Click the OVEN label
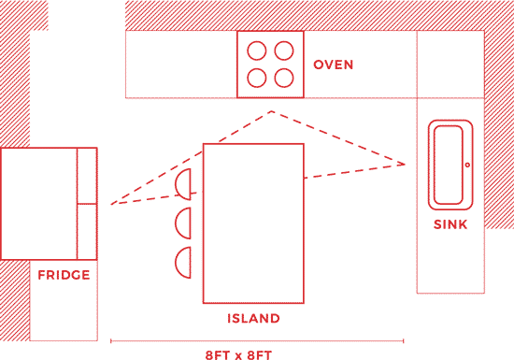333,65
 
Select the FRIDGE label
64,275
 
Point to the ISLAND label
253,319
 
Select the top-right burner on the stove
282,50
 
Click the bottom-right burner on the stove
282,77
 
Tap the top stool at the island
186,184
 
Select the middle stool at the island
184,223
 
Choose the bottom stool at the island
184,262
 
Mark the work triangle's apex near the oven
271,112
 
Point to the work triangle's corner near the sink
405,165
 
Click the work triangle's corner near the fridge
111,204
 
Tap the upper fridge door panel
87,175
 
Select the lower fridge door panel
87,231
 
